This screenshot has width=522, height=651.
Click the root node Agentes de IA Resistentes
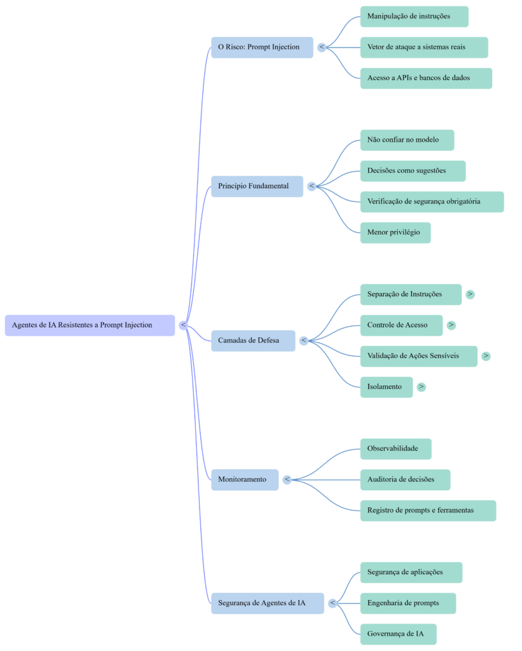point(90,325)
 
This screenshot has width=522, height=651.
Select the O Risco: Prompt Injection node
point(262,47)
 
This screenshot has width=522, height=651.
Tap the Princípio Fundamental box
point(257,186)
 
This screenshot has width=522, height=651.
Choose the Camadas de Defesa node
point(252,341)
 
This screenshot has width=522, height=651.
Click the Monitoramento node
point(244,479)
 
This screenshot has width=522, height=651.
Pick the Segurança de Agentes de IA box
point(267,603)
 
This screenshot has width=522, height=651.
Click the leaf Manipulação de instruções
point(414,17)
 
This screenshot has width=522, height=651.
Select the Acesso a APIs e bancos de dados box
point(425,78)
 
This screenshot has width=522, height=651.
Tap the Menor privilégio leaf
point(395,233)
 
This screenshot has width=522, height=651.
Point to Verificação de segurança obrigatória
point(432,202)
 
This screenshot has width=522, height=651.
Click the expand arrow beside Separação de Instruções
point(470,294)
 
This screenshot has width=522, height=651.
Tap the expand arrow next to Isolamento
point(421,387)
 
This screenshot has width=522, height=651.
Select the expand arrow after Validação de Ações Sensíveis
point(486,356)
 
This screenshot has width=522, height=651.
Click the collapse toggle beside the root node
point(183,325)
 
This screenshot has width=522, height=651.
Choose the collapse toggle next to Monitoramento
point(287,479)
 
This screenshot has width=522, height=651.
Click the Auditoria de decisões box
point(405,479)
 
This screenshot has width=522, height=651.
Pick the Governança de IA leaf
point(398,634)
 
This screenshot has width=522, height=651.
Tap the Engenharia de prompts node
point(408,603)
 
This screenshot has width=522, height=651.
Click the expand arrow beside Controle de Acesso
point(451,325)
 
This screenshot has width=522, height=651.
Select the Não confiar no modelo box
point(407,140)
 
